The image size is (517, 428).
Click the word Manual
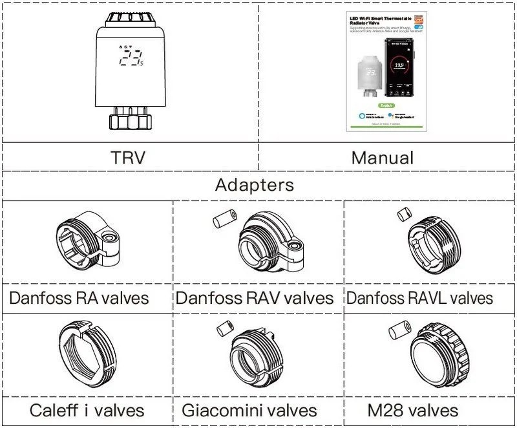[x=382, y=157]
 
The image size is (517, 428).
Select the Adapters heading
[x=254, y=186]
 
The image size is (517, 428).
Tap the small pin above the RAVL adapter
[x=403, y=213]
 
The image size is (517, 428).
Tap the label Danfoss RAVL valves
[x=419, y=298]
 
